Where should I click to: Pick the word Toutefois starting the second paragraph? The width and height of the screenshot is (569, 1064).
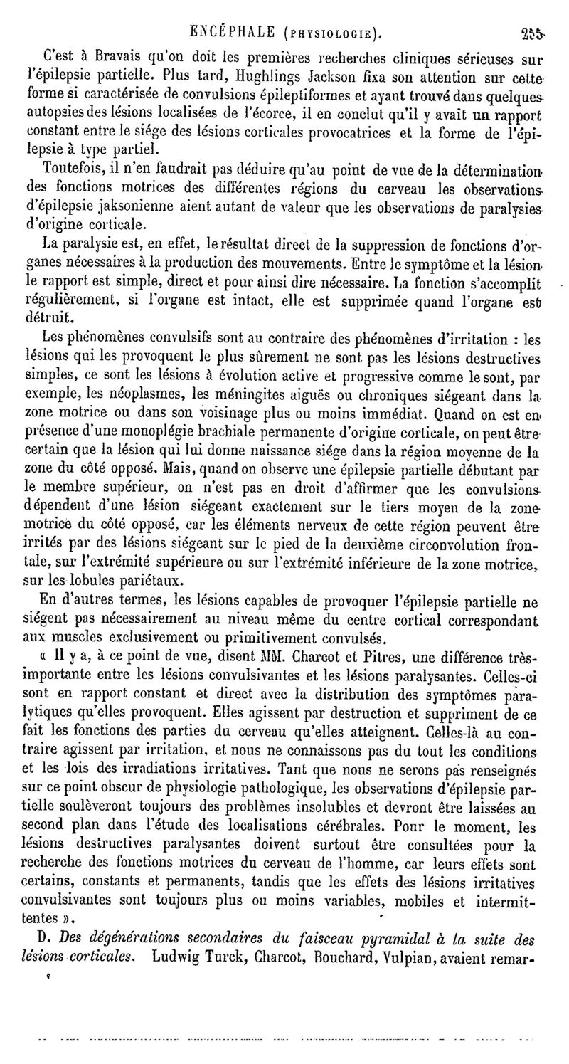[x=72, y=169]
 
